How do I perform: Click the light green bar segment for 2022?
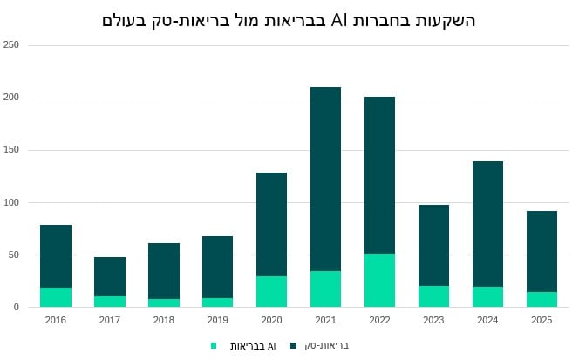(379, 280)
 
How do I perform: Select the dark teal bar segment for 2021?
(325, 179)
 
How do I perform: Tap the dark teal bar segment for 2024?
(487, 224)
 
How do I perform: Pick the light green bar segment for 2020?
(271, 291)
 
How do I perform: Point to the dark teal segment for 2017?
(110, 276)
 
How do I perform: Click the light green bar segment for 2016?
(56, 297)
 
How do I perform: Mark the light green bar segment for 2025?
(542, 299)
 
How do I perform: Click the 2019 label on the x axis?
(217, 320)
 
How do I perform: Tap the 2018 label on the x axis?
(163, 320)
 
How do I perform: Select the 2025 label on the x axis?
(542, 320)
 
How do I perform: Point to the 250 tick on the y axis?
(11, 45)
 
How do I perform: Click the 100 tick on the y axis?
(11, 202)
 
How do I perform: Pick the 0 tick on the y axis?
(17, 307)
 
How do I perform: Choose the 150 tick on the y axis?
(11, 150)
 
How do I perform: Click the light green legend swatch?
(214, 345)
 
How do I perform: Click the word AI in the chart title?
(339, 19)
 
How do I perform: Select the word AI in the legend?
(271, 345)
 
